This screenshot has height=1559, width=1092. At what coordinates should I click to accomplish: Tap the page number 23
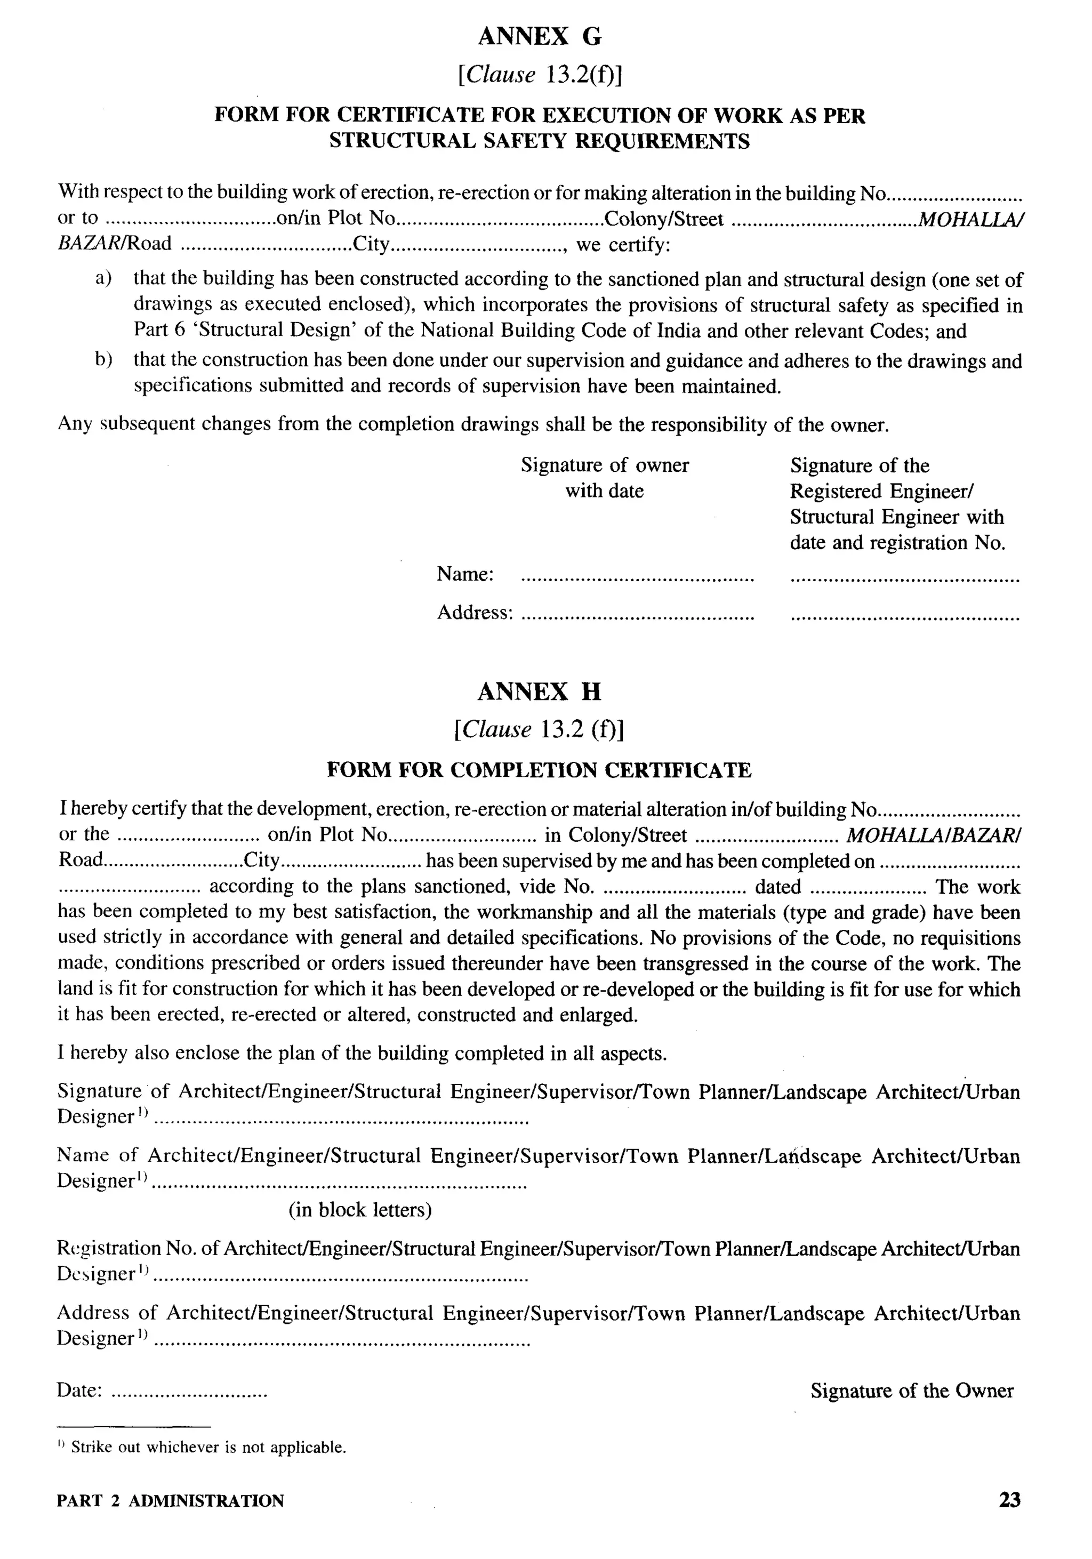pos(1009,1499)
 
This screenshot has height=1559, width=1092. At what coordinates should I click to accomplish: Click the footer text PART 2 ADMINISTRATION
pos(171,1500)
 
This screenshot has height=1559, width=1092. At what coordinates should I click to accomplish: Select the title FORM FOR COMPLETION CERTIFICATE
pos(539,770)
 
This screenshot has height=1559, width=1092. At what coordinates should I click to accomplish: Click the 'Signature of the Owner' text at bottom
pos(911,1391)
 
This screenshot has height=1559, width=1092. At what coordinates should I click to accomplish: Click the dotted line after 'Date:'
pos(189,1393)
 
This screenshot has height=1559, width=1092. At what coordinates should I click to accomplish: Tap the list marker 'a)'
pos(103,278)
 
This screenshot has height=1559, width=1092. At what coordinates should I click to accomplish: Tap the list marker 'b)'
pos(103,360)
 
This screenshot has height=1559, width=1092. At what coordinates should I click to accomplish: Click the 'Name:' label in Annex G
pos(464,574)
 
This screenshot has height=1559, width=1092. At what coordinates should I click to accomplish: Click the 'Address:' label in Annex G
pos(474,613)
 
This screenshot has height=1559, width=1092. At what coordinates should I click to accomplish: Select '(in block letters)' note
pos(360,1210)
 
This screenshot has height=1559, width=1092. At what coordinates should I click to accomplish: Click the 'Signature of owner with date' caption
pos(605,477)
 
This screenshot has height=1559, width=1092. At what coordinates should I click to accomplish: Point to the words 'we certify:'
pos(623,244)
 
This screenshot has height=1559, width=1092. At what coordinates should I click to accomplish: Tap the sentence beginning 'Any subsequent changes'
pos(472,424)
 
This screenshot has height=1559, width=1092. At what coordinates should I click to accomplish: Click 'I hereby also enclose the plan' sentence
pos(362,1053)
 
